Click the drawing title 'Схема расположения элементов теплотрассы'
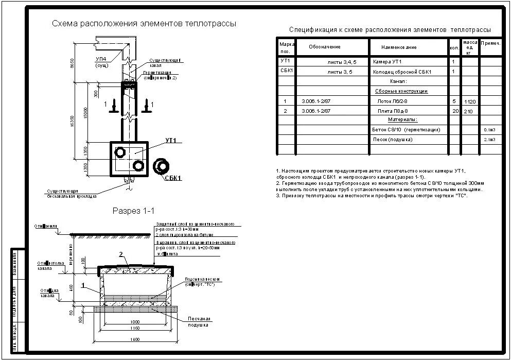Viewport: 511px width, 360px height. [x=144, y=24]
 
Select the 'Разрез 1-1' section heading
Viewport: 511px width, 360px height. [x=134, y=211]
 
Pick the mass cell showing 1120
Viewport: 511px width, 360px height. [x=470, y=102]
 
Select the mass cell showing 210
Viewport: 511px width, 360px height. [x=468, y=111]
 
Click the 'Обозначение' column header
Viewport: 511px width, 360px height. [x=325, y=47]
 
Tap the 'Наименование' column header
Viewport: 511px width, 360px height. [x=399, y=47]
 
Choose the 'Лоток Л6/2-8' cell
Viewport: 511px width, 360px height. [x=392, y=101]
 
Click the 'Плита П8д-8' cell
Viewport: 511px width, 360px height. [x=392, y=111]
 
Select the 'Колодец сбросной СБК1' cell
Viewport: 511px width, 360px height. [x=402, y=72]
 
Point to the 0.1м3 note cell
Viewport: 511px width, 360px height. [x=489, y=130]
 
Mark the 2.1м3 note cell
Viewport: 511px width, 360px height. [x=489, y=140]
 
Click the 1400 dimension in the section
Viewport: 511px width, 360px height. [x=135, y=340]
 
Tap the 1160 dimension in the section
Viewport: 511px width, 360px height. [x=135, y=328]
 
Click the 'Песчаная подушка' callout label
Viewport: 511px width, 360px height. [x=198, y=322]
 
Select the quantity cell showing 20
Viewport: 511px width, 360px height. [x=454, y=111]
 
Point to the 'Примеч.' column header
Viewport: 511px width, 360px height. [x=490, y=44]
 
